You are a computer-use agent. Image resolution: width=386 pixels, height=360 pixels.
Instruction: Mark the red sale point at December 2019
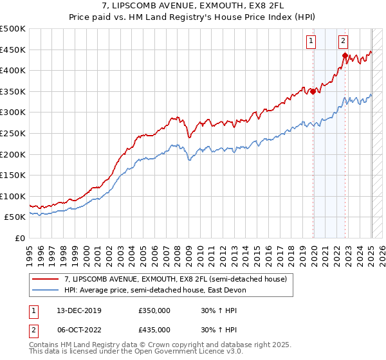313,91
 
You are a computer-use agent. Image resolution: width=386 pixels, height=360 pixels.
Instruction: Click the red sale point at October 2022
345,56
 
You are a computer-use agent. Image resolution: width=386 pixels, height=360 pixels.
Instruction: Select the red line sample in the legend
46,278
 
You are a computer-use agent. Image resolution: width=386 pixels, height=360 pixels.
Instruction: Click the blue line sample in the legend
46,290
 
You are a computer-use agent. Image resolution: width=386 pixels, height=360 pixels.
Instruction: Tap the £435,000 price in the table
154,329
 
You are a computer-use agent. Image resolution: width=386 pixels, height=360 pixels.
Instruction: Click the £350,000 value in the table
154,311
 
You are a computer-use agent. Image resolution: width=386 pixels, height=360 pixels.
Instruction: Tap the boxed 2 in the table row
32,329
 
